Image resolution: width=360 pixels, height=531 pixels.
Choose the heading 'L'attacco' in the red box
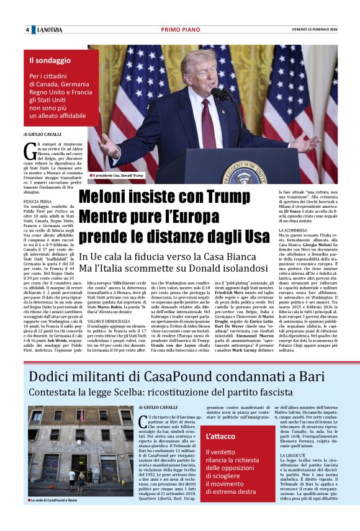[x=222, y=436]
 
